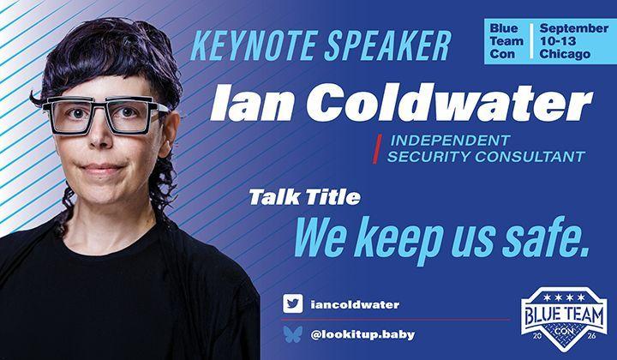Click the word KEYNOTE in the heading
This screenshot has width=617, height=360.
(x=255, y=45)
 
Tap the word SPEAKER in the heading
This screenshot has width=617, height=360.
(x=387, y=45)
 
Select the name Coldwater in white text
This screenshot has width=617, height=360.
(x=449, y=102)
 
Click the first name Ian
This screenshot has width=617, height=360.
(x=253, y=103)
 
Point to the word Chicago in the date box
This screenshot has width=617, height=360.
(x=565, y=54)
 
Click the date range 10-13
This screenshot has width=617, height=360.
(x=558, y=41)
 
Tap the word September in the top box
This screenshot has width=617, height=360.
(x=573, y=28)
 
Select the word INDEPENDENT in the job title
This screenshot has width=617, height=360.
(x=450, y=140)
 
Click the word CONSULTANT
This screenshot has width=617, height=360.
(x=530, y=157)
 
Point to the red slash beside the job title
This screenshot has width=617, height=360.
(x=377, y=149)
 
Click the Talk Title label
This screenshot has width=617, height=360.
(x=304, y=197)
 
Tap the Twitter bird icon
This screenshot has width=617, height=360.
(x=293, y=303)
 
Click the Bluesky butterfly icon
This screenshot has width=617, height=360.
(x=293, y=334)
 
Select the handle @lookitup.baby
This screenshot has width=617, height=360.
(x=362, y=335)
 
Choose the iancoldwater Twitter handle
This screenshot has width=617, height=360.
(x=355, y=304)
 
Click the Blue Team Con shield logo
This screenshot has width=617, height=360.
(x=564, y=319)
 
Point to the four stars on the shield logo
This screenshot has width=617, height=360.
(x=564, y=297)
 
